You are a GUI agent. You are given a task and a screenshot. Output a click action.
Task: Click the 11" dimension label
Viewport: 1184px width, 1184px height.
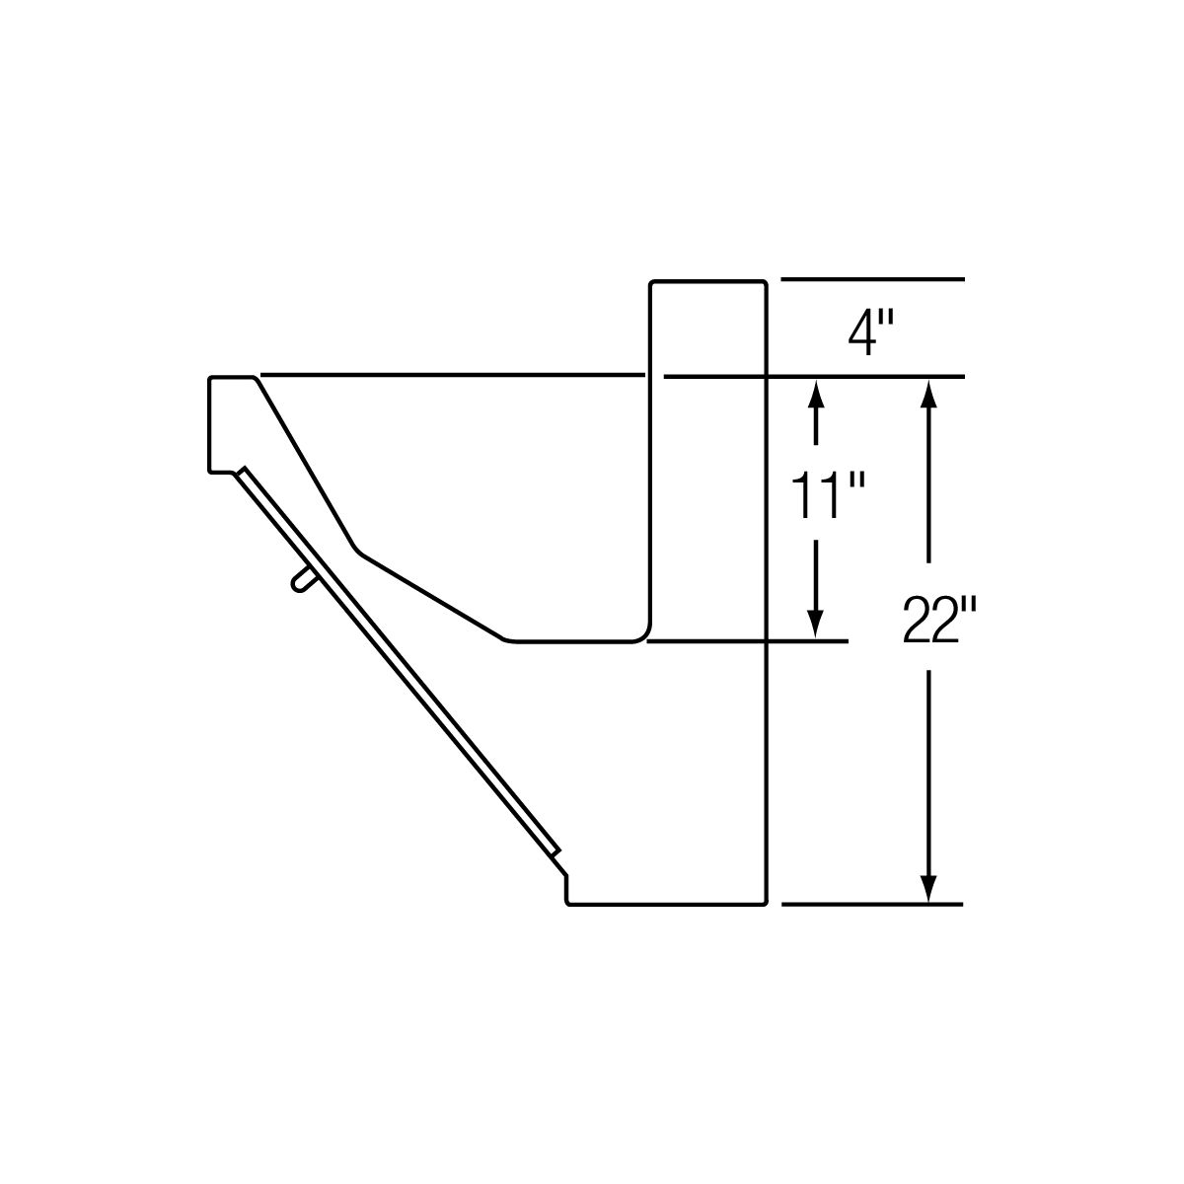pyautogui.click(x=827, y=494)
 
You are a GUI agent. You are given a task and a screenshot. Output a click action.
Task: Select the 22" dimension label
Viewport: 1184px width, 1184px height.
pyautogui.click(x=939, y=620)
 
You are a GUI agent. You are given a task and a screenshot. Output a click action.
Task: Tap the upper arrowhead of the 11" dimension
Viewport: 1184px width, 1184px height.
pyautogui.click(x=815, y=397)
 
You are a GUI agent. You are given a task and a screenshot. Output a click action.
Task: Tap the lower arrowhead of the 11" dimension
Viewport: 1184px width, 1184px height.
pyautogui.click(x=815, y=622)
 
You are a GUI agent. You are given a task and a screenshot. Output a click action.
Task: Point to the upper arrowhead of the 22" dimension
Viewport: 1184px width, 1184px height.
pyautogui.click(x=928, y=397)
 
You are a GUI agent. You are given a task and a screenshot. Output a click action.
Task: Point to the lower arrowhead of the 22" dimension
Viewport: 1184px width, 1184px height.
pyautogui.click(x=928, y=885)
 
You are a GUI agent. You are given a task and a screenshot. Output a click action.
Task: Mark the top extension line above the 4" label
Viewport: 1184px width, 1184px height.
pyautogui.click(x=872, y=279)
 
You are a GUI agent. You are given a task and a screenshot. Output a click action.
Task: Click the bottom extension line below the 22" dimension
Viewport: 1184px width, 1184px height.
pyautogui.click(x=871, y=905)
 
